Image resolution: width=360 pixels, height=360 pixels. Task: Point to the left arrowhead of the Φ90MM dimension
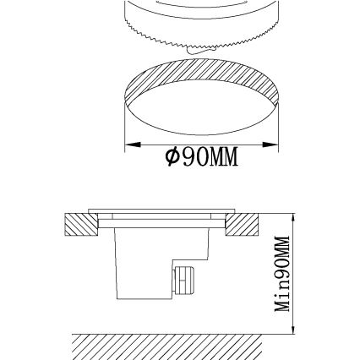(129, 145)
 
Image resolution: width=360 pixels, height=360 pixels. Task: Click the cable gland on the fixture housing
(182, 278)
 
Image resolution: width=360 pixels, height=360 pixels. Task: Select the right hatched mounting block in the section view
(244, 225)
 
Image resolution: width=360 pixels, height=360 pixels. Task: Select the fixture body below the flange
(144, 262)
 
